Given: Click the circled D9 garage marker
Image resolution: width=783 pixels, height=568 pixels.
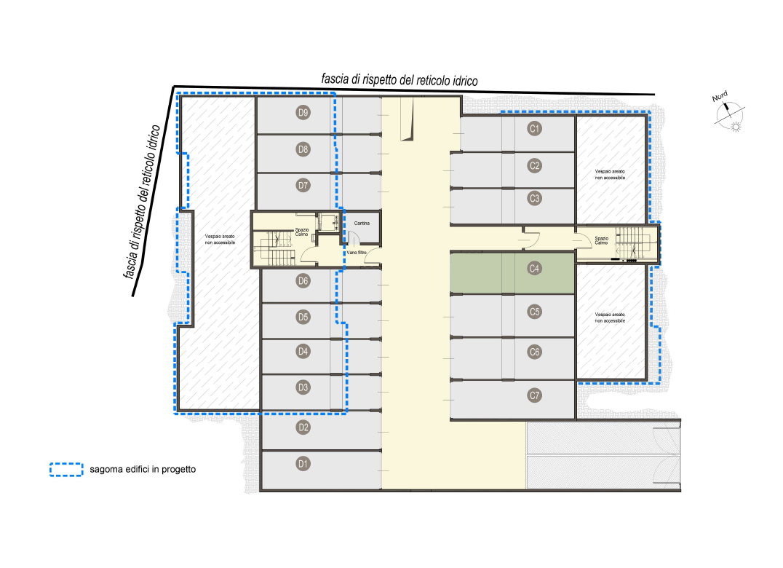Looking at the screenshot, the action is (x=303, y=112).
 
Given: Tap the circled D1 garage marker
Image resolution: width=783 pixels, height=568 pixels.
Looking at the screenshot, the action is (x=303, y=464).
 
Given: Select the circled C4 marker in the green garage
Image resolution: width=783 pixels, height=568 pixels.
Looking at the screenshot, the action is (x=534, y=269).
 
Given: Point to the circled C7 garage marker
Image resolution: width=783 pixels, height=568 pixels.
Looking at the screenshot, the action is (x=534, y=395).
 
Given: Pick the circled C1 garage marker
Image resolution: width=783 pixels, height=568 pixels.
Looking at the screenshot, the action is (x=534, y=128).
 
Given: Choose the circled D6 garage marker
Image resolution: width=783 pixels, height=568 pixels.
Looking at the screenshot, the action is (x=303, y=281).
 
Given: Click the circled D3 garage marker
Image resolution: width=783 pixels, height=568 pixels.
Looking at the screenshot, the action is (x=303, y=387).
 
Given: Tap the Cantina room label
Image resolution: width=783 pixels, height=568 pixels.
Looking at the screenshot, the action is (x=362, y=224).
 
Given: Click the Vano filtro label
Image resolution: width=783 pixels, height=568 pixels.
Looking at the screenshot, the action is (x=357, y=253).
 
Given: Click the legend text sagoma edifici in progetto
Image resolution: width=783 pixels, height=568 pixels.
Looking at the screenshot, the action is (x=143, y=470).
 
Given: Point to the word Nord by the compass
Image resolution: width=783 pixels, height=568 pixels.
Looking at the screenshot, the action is (x=720, y=96).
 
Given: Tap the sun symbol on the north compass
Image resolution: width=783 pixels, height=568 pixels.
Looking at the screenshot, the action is (x=736, y=127).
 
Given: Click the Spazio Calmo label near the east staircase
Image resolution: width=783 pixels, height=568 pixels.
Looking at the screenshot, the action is (x=602, y=241).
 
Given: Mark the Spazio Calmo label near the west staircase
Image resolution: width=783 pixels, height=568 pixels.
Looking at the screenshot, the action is (x=302, y=232).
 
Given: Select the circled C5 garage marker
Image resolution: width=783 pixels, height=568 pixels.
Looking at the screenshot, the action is (x=534, y=312).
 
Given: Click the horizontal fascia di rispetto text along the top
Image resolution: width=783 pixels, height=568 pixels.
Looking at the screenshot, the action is (x=400, y=80).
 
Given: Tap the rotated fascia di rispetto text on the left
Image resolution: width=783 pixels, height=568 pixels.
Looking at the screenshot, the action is (x=142, y=202).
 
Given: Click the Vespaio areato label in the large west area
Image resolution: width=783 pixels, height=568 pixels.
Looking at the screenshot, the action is (x=220, y=240).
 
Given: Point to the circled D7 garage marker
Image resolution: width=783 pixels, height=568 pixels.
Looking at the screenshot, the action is (x=303, y=186).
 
